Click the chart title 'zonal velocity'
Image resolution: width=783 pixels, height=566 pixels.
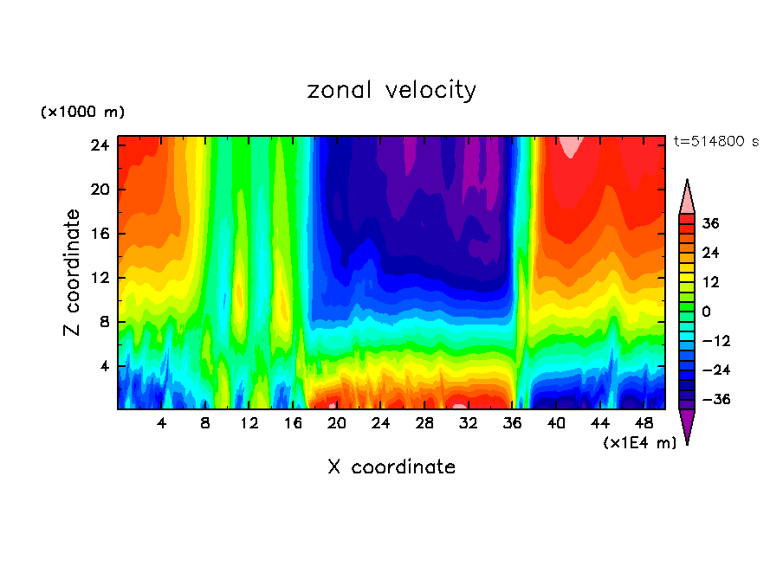391,90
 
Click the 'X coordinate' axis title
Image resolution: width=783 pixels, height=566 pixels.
391,467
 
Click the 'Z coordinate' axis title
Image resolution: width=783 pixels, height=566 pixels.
73,273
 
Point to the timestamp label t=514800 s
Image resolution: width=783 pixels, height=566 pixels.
715,142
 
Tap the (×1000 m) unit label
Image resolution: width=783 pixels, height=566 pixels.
82,113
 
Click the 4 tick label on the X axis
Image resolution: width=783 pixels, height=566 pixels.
162,423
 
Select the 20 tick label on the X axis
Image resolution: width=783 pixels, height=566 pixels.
337,423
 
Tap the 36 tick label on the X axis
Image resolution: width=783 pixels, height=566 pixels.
513,423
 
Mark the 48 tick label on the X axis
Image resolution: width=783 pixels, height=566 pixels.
644,423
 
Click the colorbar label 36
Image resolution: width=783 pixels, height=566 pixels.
711,223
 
